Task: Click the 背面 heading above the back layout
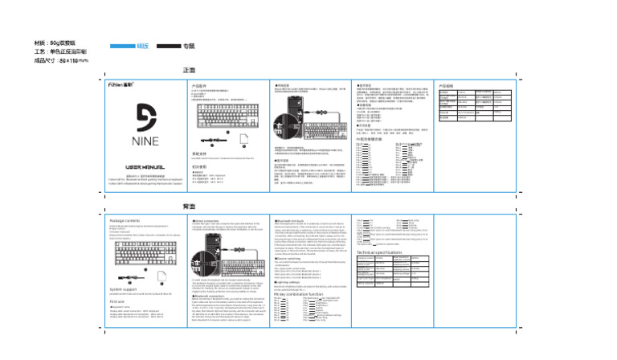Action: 190,207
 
